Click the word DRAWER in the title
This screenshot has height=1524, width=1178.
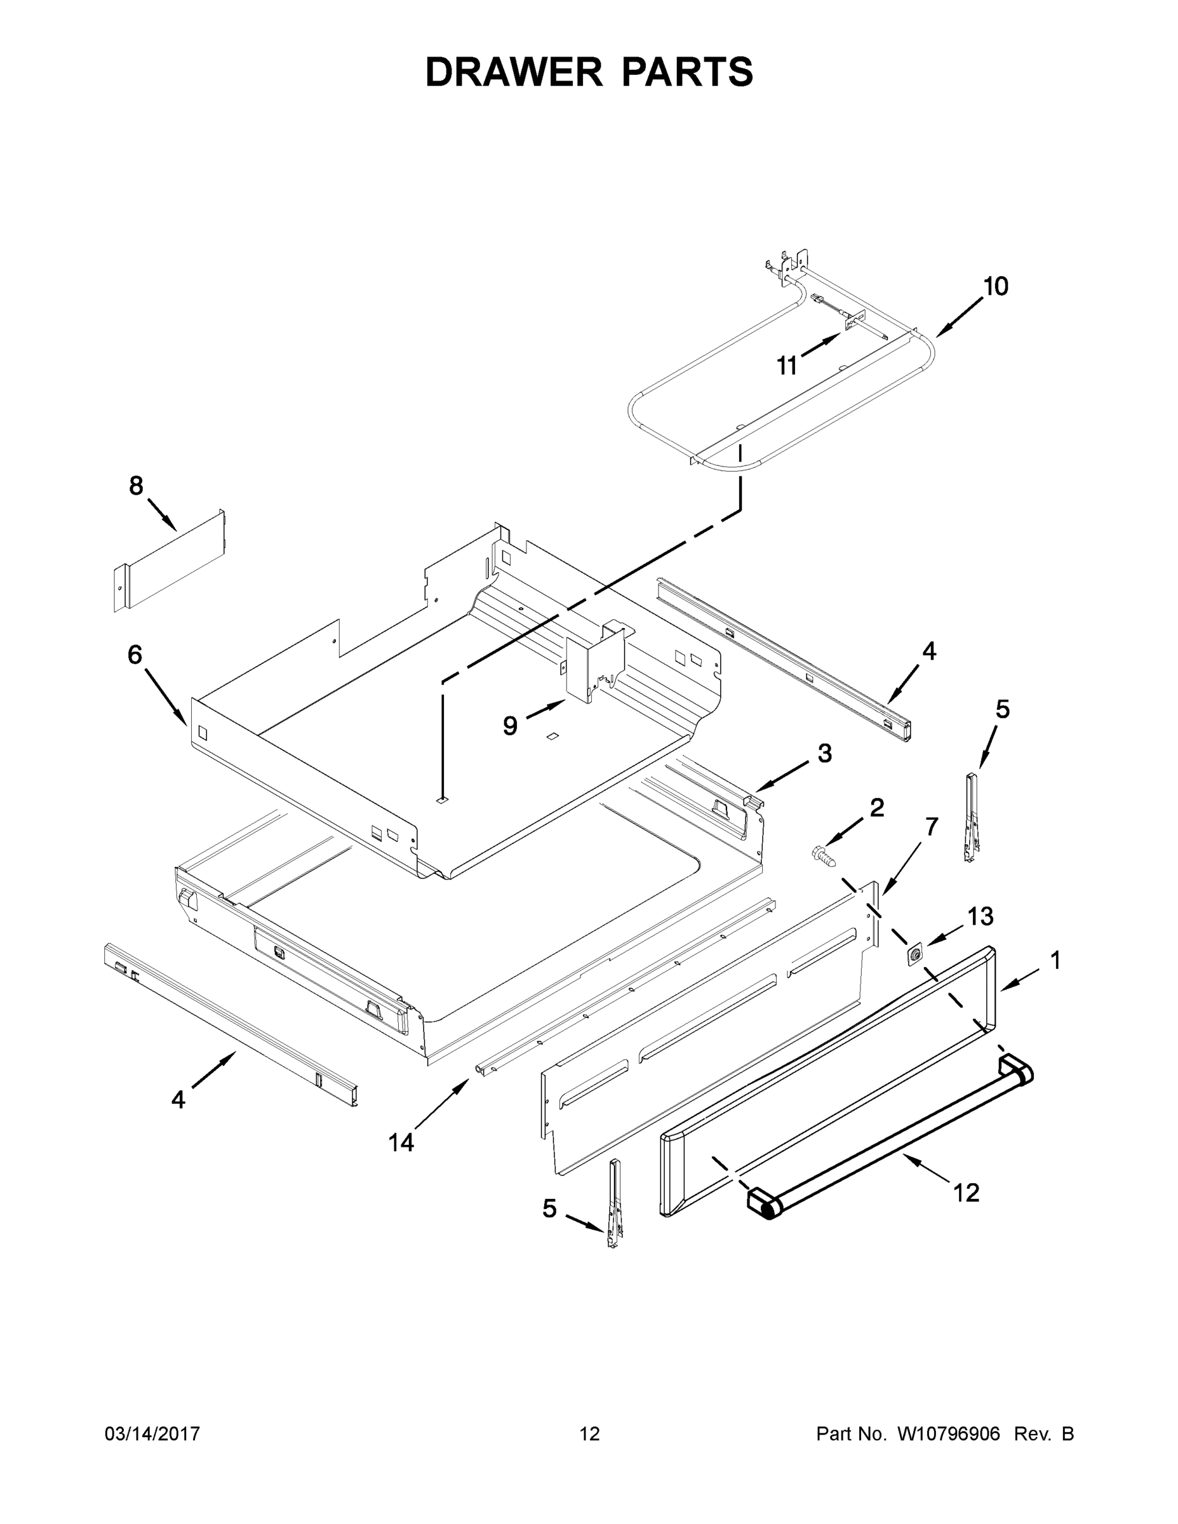click(x=514, y=72)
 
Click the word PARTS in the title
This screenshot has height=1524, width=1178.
click(x=686, y=72)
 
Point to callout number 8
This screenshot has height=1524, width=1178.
click(x=136, y=485)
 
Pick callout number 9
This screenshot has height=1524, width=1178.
click(x=510, y=726)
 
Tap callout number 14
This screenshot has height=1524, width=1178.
click(x=401, y=1142)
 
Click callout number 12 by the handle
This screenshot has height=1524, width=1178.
click(x=967, y=1193)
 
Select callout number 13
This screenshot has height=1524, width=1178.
click(x=981, y=916)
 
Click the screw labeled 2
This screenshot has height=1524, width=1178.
click(x=823, y=855)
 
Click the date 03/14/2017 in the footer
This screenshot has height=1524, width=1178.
click(x=152, y=1434)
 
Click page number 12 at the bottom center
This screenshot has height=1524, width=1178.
click(x=590, y=1434)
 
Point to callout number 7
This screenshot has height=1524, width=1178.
click(x=932, y=825)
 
